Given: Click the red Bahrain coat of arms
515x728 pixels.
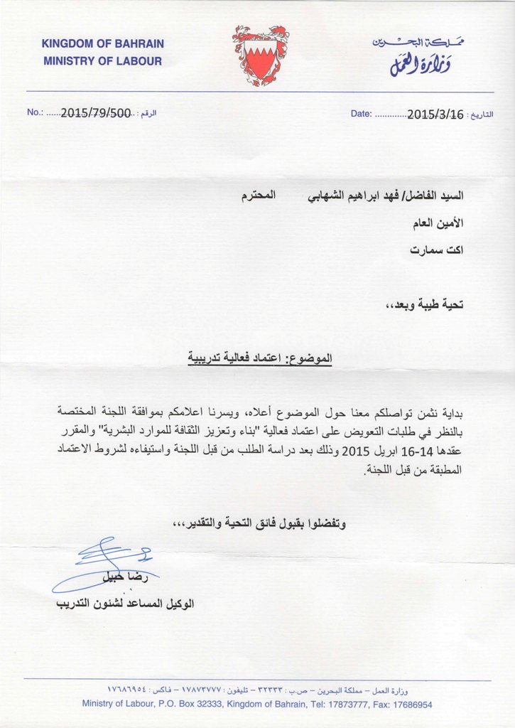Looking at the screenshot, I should (261, 55).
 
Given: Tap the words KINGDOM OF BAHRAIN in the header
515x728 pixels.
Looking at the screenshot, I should (102, 45).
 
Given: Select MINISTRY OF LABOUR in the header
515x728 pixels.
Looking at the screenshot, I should (102, 61).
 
